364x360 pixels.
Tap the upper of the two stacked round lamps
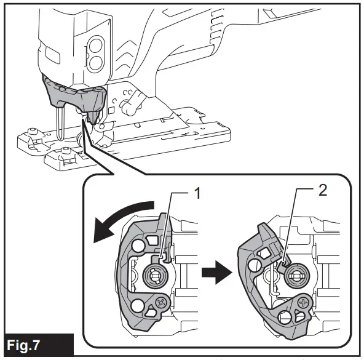coord(95,47)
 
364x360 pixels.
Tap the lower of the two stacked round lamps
coord(95,63)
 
